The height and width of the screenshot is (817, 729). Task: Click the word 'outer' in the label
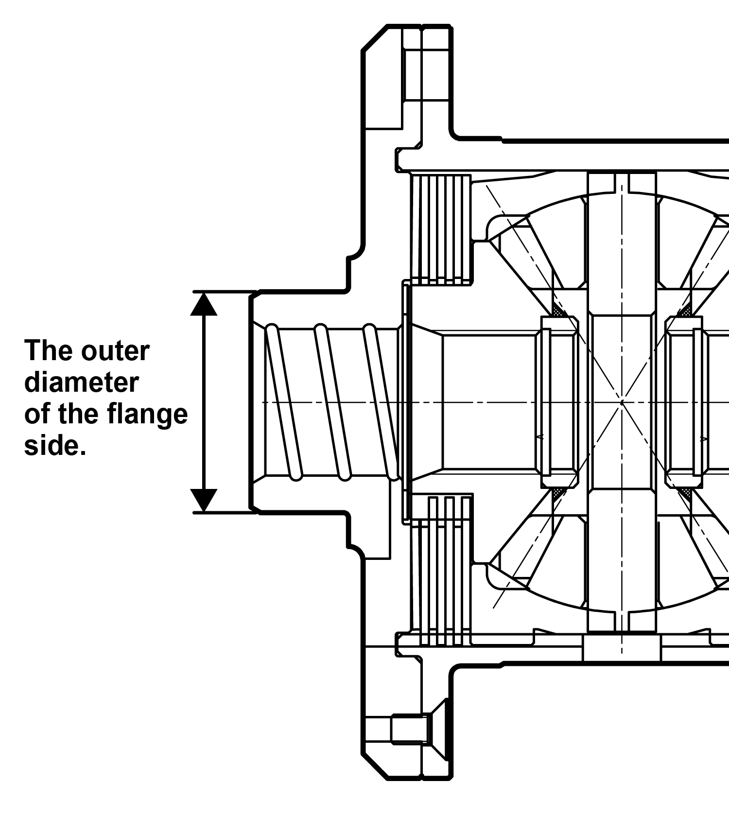click(116, 351)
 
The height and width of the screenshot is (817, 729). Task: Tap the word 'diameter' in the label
click(82, 382)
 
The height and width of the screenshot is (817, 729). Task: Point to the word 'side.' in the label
click(55, 445)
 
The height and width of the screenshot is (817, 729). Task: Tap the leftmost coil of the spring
click(284, 402)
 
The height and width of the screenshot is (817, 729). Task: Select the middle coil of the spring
click(332, 402)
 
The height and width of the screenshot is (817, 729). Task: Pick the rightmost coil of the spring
click(382, 402)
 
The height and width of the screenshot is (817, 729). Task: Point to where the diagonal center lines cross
click(622, 402)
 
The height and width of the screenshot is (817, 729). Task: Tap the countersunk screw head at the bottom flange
click(437, 729)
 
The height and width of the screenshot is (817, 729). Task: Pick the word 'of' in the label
click(37, 414)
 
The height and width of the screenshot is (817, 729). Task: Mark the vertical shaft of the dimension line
click(203, 402)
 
